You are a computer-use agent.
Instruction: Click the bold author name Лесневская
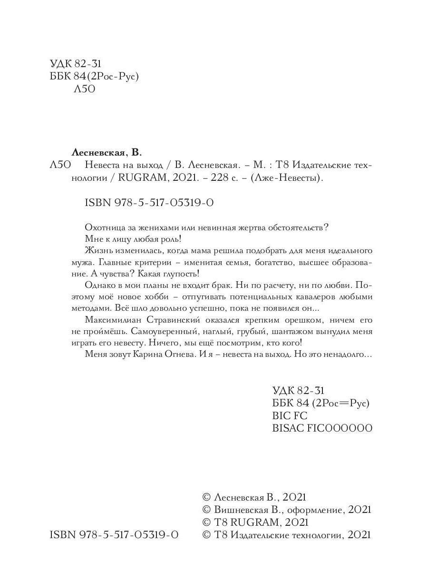(98, 153)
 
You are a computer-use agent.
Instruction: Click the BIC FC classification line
(290, 415)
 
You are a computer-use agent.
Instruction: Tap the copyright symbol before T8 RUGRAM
(206, 522)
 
